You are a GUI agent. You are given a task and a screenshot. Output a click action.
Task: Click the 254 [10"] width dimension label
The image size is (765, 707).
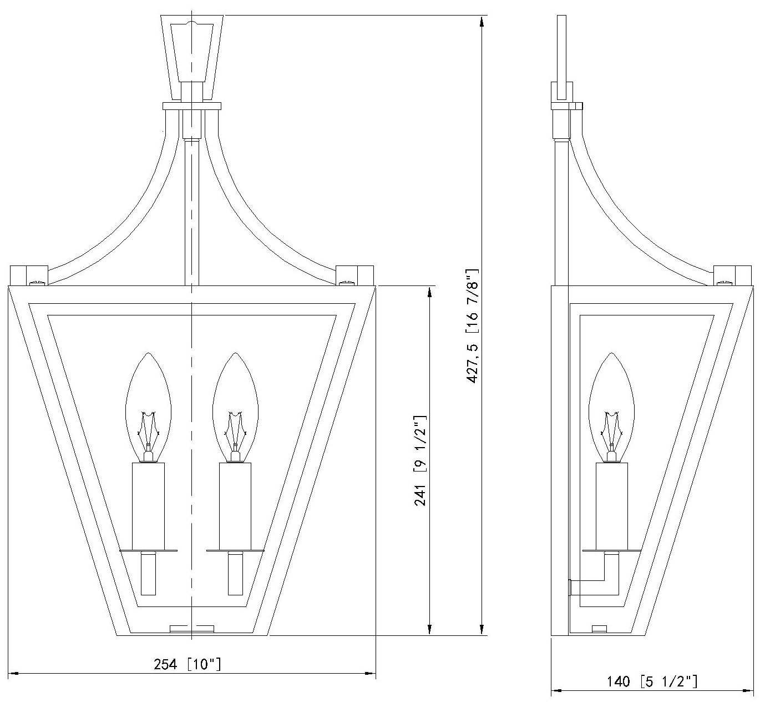click(x=187, y=664)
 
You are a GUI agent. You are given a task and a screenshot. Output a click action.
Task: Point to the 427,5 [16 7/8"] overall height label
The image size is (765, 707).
click(x=473, y=325)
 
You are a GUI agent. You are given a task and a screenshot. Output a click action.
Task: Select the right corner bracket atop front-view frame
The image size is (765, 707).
click(x=355, y=275)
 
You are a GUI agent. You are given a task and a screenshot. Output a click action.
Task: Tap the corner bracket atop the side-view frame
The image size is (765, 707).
click(x=732, y=275)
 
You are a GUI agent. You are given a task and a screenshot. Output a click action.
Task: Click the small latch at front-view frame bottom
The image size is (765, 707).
click(x=191, y=629)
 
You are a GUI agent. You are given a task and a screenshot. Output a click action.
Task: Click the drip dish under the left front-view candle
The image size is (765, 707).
click(x=148, y=550)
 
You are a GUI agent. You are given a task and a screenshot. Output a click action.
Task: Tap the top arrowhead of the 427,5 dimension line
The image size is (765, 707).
click(x=482, y=22)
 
